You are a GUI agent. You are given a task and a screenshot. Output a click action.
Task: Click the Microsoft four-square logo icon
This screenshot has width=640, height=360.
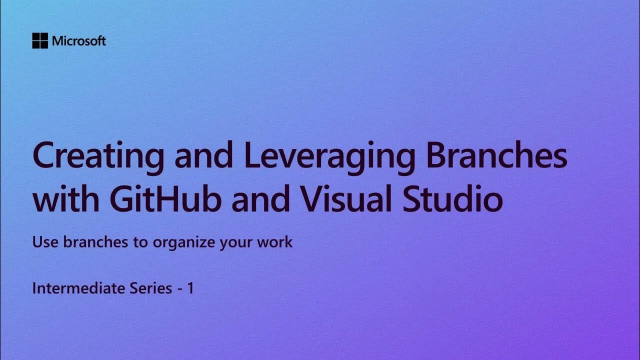point(40,41)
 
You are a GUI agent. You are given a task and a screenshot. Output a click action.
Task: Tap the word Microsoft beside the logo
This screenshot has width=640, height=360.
point(79,41)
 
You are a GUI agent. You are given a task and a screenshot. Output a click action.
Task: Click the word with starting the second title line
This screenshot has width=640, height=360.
point(64,198)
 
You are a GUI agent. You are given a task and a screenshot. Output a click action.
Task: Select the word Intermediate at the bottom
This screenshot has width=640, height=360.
point(75,288)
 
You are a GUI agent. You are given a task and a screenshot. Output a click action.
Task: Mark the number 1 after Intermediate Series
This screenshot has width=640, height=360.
point(190,288)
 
